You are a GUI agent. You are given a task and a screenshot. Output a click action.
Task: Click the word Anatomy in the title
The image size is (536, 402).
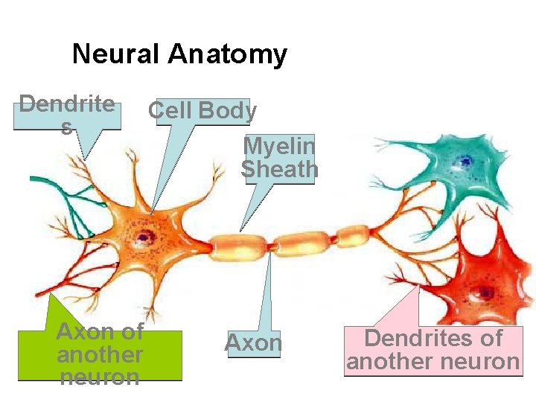tap(227, 54)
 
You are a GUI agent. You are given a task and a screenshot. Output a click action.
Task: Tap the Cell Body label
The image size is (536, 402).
tap(202, 111)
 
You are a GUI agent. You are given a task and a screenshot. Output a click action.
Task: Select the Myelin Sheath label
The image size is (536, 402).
tap(279, 157)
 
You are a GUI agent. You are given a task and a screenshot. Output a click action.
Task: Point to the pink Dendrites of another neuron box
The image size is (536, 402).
tap(433, 350)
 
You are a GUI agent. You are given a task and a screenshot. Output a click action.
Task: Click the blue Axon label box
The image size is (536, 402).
tap(253, 343)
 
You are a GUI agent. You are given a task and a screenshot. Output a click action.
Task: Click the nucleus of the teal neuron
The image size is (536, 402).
tap(465, 160)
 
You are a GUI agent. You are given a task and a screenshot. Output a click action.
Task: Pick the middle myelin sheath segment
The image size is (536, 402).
tap(302, 240)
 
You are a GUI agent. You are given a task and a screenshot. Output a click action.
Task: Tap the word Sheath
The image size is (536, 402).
tap(279, 170)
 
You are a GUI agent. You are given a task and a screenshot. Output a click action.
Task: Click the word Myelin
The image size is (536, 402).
tap(279, 145)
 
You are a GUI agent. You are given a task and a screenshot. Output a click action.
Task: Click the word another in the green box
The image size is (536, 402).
tap(100, 354)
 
